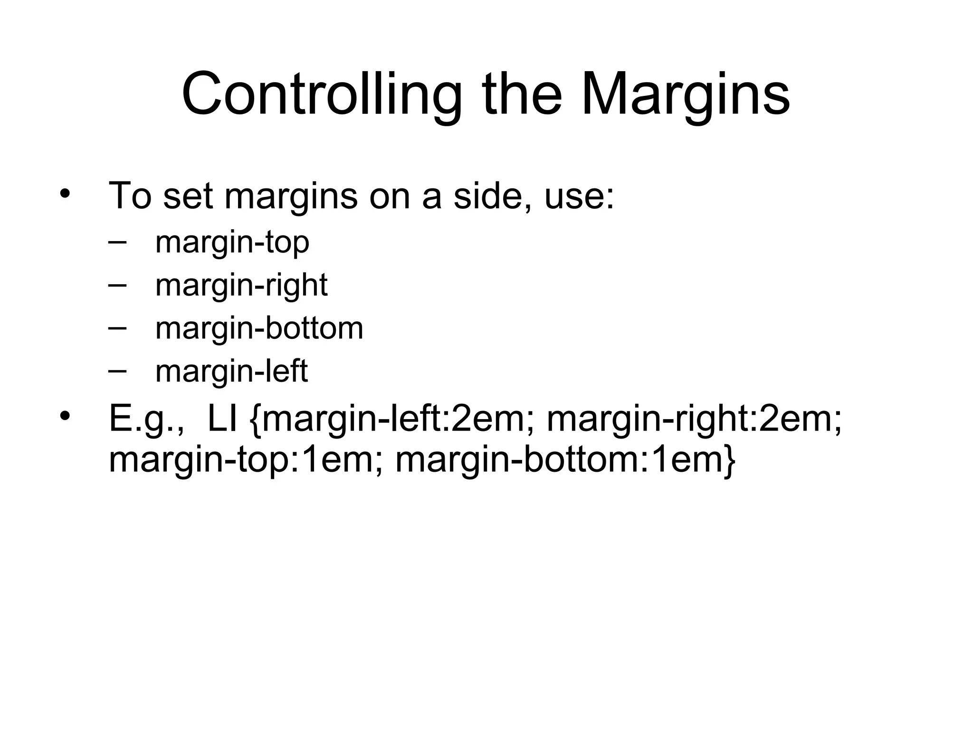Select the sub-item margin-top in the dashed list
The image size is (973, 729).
(x=232, y=243)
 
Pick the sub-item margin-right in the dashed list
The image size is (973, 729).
(x=241, y=286)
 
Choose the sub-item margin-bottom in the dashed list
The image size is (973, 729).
(x=259, y=328)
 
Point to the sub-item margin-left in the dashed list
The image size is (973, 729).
(x=231, y=372)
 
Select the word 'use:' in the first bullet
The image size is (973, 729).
(x=579, y=196)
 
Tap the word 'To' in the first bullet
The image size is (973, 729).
(x=130, y=196)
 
